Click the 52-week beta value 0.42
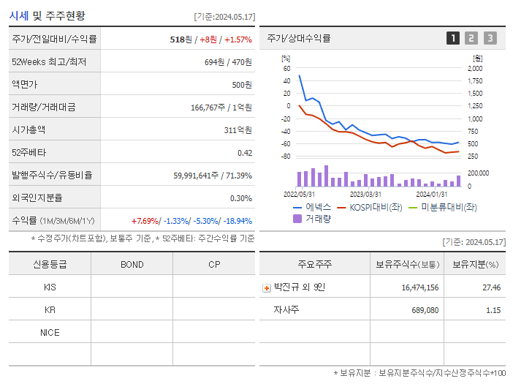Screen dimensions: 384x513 tap(244, 153)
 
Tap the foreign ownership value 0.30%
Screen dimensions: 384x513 tap(240, 198)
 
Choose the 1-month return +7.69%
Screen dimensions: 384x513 tap(145, 221)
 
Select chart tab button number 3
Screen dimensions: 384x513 tap(490, 38)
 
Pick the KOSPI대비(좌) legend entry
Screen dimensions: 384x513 tap(369, 207)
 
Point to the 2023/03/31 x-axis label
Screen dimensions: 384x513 tap(365, 194)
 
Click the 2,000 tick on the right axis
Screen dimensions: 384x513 tap(474, 68)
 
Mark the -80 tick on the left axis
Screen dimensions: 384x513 tap(286, 157)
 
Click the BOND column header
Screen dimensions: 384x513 tap(132, 265)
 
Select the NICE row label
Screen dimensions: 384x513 tap(50, 332)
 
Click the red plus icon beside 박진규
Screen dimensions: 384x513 tap(266, 288)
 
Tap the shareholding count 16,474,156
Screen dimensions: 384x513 tap(419, 287)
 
